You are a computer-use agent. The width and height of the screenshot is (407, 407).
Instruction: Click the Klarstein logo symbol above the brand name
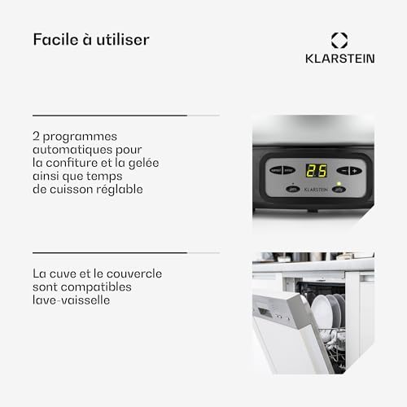click(339, 39)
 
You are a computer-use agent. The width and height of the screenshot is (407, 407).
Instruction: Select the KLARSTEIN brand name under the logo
click(339, 59)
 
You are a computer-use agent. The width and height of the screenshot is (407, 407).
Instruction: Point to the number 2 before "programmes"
click(37, 137)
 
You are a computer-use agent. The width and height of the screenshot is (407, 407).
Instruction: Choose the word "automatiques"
click(73, 150)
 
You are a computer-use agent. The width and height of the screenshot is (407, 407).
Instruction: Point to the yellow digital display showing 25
click(317, 171)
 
